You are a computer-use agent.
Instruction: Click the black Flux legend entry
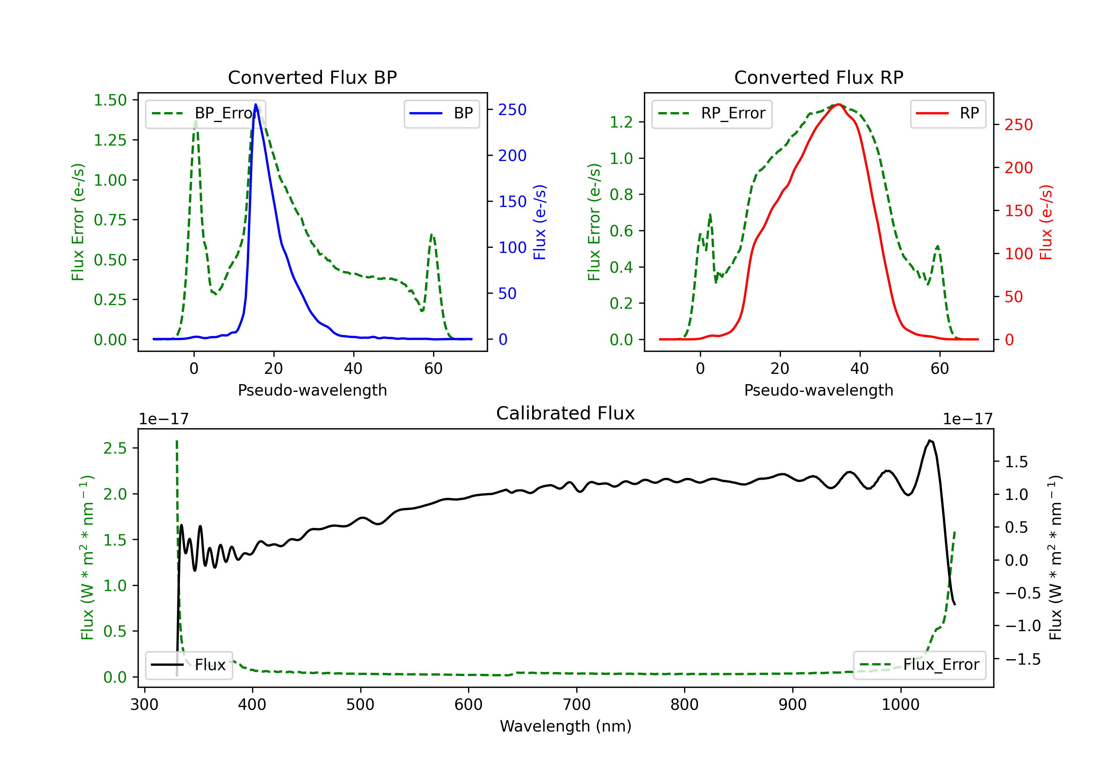pyautogui.click(x=189, y=665)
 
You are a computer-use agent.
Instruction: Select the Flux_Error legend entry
pyautogui.click(x=919, y=665)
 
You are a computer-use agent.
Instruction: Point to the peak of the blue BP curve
pyautogui.click(x=256, y=104)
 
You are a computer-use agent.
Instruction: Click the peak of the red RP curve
pyautogui.click(x=838, y=104)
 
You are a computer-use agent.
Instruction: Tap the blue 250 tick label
pyautogui.click(x=512, y=110)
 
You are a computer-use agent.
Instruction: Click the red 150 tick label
pyautogui.click(x=1018, y=211)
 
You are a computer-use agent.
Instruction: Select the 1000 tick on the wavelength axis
pyautogui.click(x=900, y=705)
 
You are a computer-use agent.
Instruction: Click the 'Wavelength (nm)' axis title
pyautogui.click(x=566, y=726)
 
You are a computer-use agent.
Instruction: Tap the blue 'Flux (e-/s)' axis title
pyautogui.click(x=540, y=222)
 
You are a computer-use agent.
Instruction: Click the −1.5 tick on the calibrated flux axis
pyautogui.click(x=1022, y=659)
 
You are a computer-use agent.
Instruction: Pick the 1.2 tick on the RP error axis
pyautogui.click(x=621, y=122)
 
